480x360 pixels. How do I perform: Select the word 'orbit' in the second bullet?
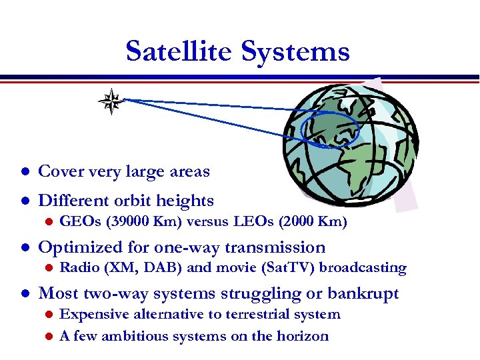(134, 201)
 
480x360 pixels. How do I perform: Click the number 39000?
(123, 222)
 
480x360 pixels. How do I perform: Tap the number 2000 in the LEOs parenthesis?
(301, 222)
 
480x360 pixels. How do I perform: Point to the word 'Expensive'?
(93, 315)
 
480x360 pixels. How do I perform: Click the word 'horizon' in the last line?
(302, 336)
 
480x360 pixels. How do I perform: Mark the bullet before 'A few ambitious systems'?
(46, 337)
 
